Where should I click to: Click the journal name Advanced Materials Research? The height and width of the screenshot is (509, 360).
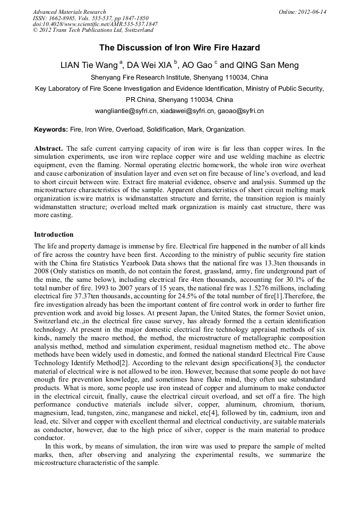70,12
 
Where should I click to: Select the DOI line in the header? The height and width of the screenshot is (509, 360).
95,24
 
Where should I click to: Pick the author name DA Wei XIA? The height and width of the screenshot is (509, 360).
152,66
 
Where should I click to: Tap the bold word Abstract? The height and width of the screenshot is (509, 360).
49,149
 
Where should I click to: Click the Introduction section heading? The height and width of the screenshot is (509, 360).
54,235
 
